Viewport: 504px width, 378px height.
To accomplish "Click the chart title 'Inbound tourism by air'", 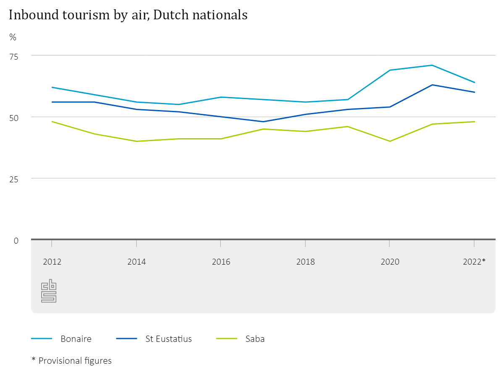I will [128, 15].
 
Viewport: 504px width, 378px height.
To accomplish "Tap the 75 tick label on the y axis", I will [14, 56].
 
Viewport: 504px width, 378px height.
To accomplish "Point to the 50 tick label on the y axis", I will [14, 118].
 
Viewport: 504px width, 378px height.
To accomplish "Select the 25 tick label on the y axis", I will [14, 179].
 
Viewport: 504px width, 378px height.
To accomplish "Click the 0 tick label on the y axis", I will [16, 240].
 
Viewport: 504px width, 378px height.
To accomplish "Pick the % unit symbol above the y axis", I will [13, 37].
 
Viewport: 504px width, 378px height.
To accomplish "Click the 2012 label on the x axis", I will [52, 262].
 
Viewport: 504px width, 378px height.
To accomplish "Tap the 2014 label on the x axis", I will [136, 262].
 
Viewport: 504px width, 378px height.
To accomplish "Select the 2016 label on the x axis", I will [221, 262].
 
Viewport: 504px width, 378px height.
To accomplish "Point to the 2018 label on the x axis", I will [305, 262].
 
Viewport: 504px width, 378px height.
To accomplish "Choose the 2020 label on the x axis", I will [390, 262].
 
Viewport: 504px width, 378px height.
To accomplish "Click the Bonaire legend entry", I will [76, 339].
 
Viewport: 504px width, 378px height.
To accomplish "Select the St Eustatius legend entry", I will [168, 339].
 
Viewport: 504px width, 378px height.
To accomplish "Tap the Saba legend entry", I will [255, 339].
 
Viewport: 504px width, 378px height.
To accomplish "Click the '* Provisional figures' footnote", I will [72, 361].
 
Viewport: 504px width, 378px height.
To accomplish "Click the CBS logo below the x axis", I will [49, 291].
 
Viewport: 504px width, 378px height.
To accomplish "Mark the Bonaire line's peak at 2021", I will [432, 65].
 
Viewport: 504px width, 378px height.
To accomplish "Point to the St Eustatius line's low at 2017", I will [263, 122].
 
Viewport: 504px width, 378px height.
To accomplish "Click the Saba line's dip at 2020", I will [390, 141].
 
